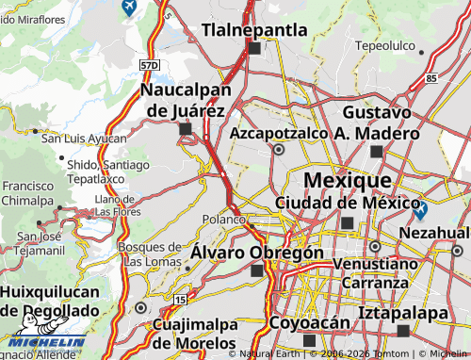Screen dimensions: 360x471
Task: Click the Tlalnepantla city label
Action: click(253, 30)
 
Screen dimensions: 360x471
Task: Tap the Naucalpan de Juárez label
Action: click(185, 100)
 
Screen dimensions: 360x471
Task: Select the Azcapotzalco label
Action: click(278, 133)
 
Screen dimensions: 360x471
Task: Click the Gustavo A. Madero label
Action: click(377, 123)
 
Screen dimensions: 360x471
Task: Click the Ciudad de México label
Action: click(347, 203)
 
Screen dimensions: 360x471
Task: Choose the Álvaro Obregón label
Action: click(257, 253)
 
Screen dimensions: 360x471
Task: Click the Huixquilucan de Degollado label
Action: click(49, 303)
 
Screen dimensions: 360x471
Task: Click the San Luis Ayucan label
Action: click(84, 139)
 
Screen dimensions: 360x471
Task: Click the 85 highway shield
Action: click(430, 78)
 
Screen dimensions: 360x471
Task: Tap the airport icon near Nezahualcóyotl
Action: click(420, 211)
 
